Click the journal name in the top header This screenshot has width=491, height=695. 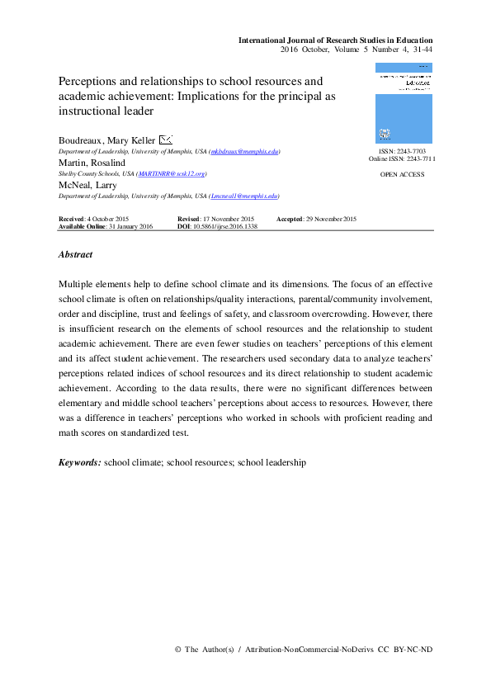pos(335,40)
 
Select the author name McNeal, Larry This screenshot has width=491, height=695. pos(87,186)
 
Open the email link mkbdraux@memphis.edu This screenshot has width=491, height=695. pos(246,152)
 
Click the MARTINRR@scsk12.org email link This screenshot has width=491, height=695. pos(172,174)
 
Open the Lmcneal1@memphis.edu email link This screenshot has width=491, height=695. pos(245,197)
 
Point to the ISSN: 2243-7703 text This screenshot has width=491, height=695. pos(403,152)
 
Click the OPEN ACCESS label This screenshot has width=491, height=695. pos(403,175)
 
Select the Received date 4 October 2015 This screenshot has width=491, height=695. pos(93,219)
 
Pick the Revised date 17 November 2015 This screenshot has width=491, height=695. pos(216,219)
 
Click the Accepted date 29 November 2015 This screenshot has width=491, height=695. pos(316,219)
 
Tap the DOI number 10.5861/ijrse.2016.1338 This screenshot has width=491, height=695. pos(224,226)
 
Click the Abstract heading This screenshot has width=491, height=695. pos(75,255)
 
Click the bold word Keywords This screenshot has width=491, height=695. pos(79,463)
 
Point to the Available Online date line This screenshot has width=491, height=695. pos(105,226)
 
